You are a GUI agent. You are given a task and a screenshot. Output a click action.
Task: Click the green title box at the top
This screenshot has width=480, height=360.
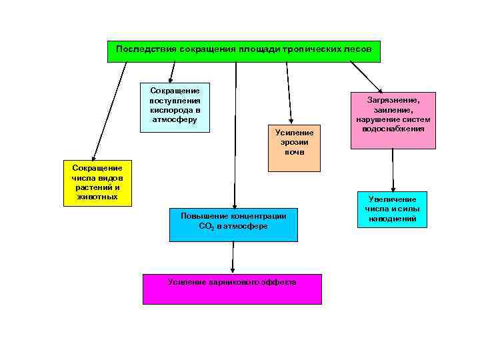[x=244, y=51]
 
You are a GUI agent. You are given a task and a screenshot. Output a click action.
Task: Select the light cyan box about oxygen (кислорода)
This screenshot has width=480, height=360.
[x=175, y=107]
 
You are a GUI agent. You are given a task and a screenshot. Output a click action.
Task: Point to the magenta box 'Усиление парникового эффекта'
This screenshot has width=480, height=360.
[x=232, y=289]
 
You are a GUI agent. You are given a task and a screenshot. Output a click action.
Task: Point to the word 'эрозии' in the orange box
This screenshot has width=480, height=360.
[x=294, y=142]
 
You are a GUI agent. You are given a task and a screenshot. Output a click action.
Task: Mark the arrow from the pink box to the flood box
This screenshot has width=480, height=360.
[x=393, y=171]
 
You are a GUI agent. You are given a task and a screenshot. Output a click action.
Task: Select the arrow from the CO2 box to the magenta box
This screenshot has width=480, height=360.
[x=233, y=257]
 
